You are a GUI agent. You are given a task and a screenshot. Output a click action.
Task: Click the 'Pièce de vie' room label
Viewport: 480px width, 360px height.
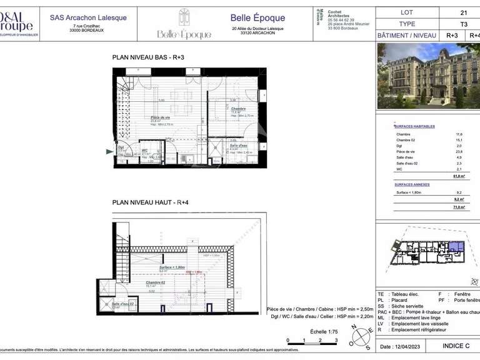coord(160,117)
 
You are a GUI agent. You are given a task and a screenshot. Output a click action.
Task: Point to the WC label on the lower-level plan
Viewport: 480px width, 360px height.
coord(144,150)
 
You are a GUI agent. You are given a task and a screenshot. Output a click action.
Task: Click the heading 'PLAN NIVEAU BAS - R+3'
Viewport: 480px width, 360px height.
coord(148,57)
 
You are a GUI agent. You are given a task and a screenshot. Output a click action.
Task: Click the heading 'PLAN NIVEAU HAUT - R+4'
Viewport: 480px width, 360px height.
coord(150,202)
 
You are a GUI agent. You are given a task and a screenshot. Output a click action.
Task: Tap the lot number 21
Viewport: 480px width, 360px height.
coord(463,12)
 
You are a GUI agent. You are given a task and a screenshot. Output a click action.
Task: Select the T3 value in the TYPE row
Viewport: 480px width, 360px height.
coord(463,24)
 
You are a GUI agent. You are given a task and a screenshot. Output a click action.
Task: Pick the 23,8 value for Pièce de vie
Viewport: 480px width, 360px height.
coord(458,151)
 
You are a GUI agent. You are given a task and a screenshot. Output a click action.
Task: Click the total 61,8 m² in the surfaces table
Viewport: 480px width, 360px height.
coord(459,177)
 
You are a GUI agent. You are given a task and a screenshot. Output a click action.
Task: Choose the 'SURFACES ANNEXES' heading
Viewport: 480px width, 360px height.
coord(411,185)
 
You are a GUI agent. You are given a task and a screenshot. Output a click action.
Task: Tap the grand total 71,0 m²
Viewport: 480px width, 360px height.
coord(459,207)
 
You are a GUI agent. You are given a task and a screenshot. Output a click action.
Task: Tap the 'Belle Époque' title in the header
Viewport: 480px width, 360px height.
coord(257,18)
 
